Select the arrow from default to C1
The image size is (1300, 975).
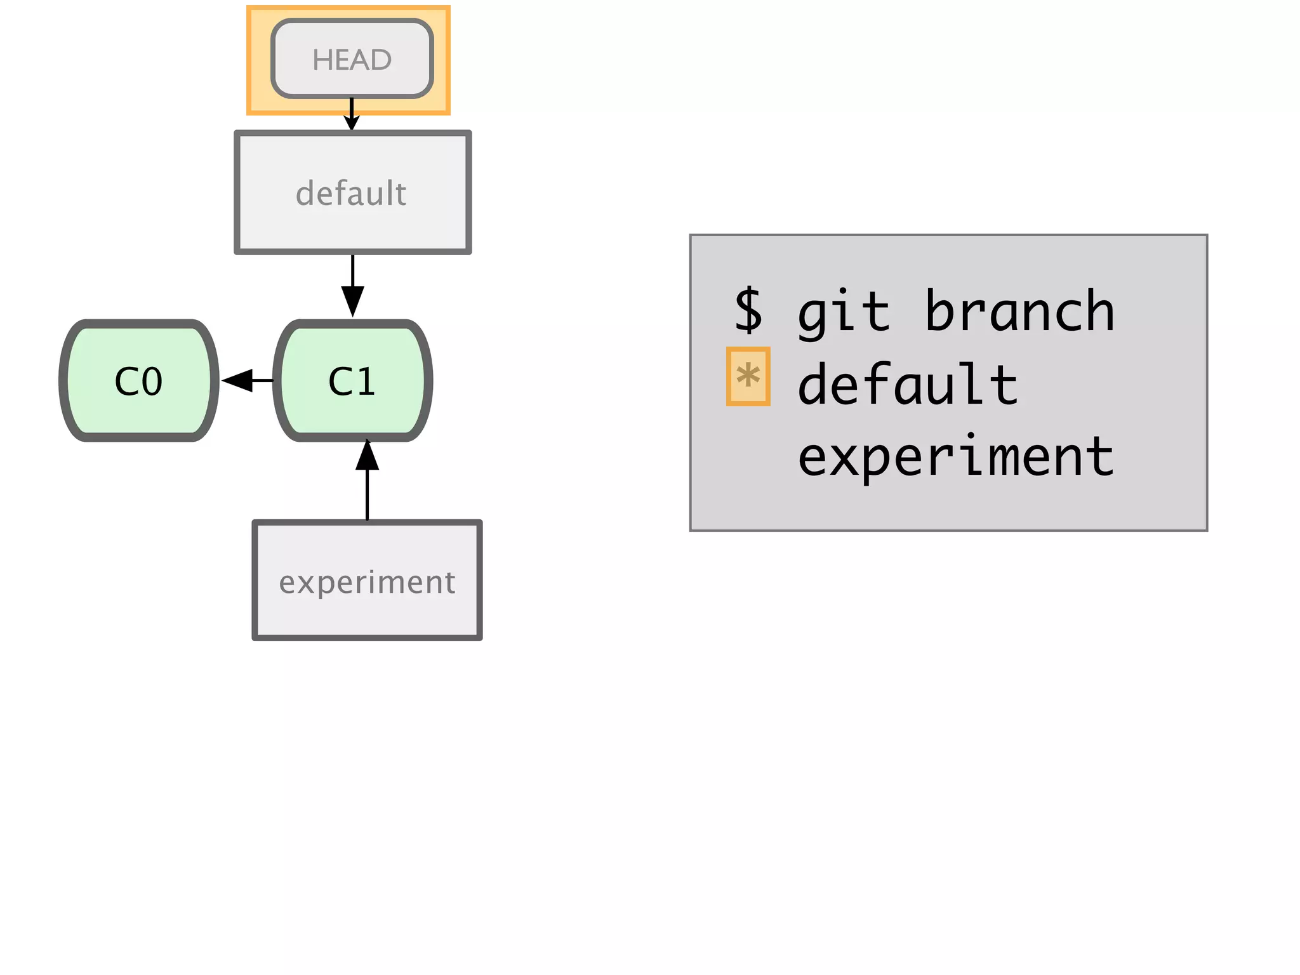point(352,286)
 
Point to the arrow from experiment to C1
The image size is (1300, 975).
point(367,482)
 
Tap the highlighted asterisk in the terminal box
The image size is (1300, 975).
point(748,376)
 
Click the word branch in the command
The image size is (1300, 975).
point(1019,311)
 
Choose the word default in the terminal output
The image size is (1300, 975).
point(908,383)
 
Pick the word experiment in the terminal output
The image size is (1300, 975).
point(955,456)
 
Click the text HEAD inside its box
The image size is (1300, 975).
point(352,60)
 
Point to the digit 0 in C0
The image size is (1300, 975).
point(152,381)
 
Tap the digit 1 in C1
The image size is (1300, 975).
point(365,381)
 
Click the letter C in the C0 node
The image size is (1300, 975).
point(126,381)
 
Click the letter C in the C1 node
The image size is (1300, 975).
point(340,381)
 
